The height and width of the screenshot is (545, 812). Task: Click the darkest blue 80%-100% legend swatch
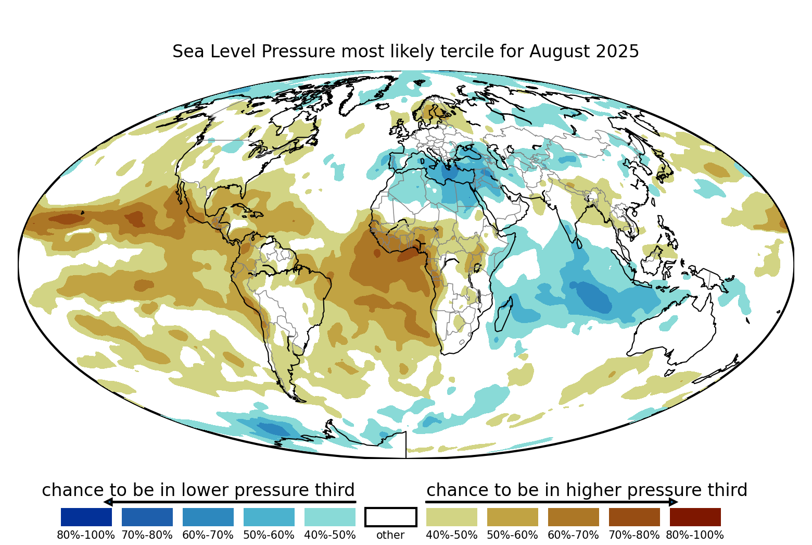tap(86, 517)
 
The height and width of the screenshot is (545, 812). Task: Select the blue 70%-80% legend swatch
tap(147, 517)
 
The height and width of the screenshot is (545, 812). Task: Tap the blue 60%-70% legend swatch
tap(208, 517)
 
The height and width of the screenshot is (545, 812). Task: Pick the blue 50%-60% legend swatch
tap(269, 517)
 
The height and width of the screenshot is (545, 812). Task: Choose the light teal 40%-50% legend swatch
tap(330, 517)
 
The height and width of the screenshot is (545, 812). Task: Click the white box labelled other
tap(391, 517)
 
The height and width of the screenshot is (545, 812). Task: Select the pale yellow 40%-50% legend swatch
tap(452, 517)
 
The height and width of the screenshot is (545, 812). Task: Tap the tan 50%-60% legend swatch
tap(513, 517)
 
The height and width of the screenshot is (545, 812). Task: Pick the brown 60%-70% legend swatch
tap(574, 517)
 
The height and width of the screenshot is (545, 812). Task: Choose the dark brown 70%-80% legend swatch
tap(635, 517)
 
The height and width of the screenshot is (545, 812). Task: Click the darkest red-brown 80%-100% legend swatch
tap(695, 517)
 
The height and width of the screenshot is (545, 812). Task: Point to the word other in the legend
tap(390, 535)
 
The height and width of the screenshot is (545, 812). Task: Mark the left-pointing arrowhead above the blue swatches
tap(108, 502)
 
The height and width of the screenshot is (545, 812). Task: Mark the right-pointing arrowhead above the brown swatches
tap(673, 502)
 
